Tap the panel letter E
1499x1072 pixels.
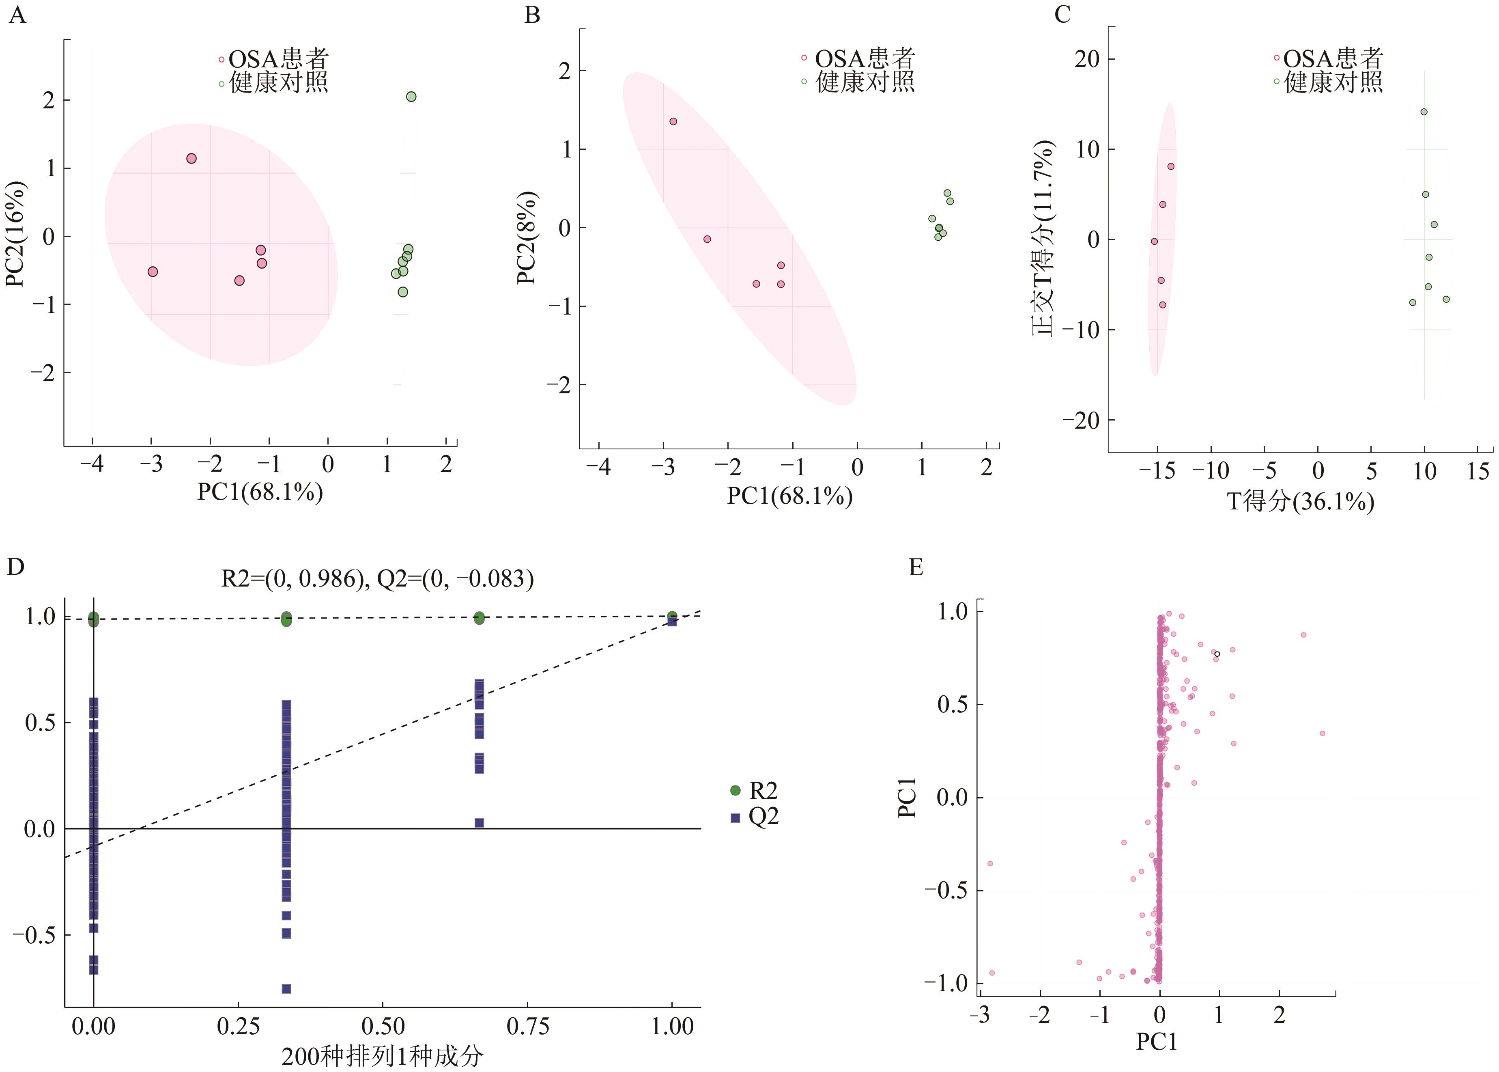click(x=916, y=566)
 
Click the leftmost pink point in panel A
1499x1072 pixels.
click(x=153, y=271)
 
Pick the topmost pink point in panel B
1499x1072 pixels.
click(x=673, y=121)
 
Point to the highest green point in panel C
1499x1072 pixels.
click(x=1424, y=112)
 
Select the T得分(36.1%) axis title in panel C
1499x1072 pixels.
click(x=1300, y=502)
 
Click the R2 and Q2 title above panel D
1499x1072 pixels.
click(x=377, y=578)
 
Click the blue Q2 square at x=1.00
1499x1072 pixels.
click(x=672, y=621)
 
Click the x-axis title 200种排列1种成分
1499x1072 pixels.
click(x=382, y=1056)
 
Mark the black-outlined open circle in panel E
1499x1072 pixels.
click(x=1217, y=654)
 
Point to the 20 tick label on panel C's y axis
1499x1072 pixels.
click(x=1087, y=59)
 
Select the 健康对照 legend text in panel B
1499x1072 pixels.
click(x=865, y=82)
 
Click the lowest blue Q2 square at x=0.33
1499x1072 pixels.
click(x=286, y=988)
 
